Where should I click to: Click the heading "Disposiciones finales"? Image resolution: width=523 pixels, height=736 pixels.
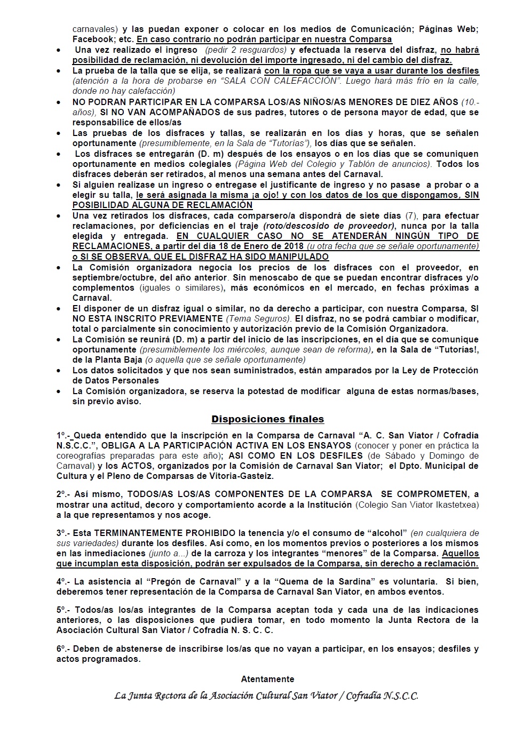click(x=267, y=419)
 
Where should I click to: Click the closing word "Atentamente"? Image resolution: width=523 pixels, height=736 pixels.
click(x=267, y=679)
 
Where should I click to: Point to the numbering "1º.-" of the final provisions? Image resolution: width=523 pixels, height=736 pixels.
click(x=64, y=435)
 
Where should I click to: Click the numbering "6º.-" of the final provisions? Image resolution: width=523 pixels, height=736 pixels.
click(x=64, y=649)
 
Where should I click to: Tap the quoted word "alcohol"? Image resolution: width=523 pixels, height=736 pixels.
click(x=382, y=533)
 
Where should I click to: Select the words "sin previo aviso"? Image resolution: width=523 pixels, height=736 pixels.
click(x=107, y=401)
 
